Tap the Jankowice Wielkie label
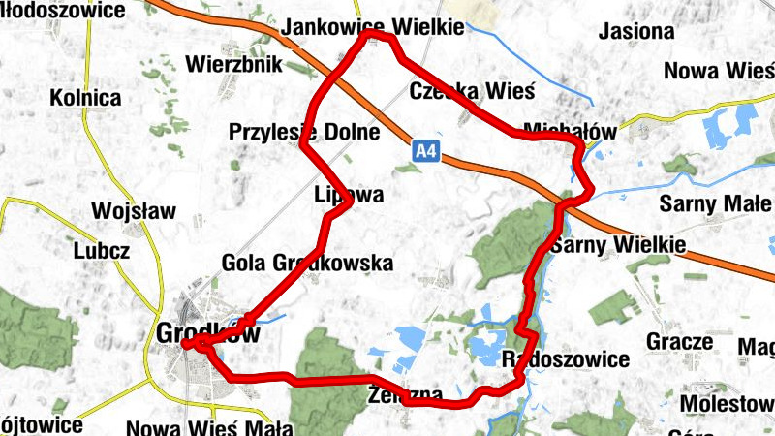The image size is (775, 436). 373,28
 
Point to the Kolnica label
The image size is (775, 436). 86,98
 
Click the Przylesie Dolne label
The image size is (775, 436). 303,132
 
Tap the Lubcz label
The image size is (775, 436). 102,251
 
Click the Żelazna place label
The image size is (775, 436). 406,396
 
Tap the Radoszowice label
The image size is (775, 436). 567,359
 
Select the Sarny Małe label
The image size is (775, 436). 715,203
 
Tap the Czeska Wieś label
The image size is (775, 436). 472,91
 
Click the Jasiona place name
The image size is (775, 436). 635,31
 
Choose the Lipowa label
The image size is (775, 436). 349,195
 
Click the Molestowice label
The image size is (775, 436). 727,402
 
